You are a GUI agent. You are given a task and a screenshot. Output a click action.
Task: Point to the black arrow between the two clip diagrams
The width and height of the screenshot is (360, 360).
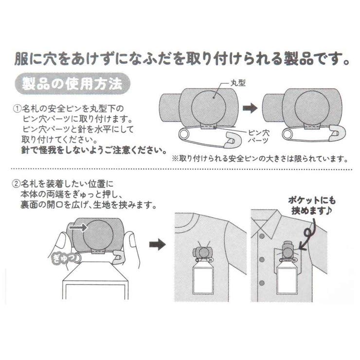point(249,109)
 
